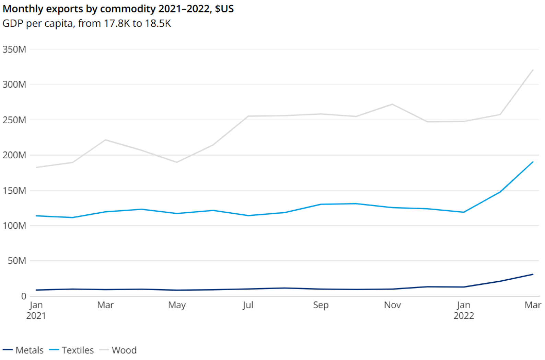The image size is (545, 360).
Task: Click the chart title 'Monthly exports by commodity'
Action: click(x=118, y=9)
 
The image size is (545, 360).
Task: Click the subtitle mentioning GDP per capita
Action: click(x=86, y=23)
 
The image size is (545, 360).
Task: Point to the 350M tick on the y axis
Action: click(x=14, y=49)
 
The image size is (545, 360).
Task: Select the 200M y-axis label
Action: click(x=14, y=155)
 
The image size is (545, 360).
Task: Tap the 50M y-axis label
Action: click(x=17, y=261)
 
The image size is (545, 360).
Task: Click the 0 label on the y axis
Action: click(x=23, y=296)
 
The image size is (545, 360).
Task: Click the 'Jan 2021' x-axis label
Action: click(x=36, y=310)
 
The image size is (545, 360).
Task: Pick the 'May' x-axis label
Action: click(x=177, y=305)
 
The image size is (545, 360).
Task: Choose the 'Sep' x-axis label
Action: click(x=321, y=305)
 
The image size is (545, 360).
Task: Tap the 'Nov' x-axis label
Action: click(x=392, y=305)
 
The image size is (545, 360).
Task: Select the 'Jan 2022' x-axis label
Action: click(x=464, y=310)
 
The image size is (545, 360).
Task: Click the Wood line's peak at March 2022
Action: click(x=533, y=70)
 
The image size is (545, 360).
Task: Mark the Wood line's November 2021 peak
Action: click(x=392, y=104)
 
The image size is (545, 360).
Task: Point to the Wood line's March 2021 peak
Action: click(x=106, y=140)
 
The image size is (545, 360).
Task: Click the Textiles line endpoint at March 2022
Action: click(x=533, y=162)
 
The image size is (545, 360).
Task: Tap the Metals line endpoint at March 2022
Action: click(x=533, y=274)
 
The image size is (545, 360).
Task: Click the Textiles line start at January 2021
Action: click(x=36, y=216)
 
